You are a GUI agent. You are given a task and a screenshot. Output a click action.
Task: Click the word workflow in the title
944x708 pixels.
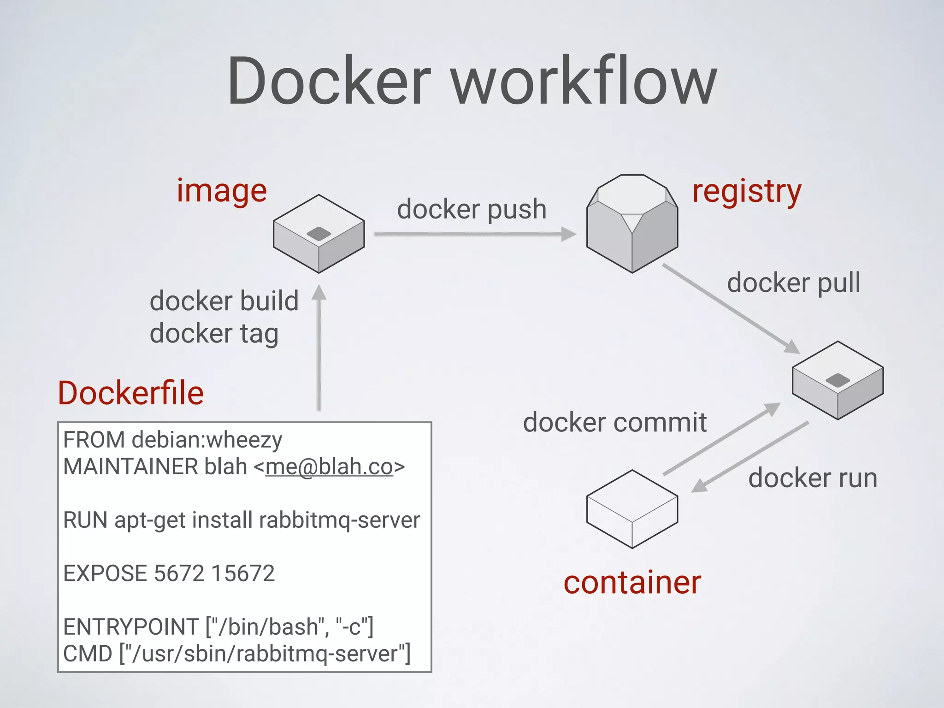[x=584, y=81]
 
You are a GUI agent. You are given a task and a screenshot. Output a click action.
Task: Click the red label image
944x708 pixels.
[x=222, y=191]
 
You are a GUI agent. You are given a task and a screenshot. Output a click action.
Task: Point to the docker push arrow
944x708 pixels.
[x=475, y=234]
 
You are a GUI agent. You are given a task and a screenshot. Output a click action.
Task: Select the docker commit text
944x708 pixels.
[x=615, y=422]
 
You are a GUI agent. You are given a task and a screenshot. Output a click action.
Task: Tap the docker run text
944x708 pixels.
[x=813, y=478]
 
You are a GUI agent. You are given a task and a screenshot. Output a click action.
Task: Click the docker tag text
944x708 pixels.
[x=214, y=333]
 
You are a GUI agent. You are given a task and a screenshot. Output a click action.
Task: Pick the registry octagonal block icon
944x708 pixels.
[x=632, y=224]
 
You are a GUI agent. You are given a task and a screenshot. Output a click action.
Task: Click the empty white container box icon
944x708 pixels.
[x=632, y=509]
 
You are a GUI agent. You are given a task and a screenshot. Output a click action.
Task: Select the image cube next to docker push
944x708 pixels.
[x=319, y=234]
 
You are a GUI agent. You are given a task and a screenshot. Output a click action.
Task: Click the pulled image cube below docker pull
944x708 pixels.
[x=838, y=380]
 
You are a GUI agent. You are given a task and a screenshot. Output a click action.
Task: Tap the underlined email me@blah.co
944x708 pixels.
[x=329, y=466]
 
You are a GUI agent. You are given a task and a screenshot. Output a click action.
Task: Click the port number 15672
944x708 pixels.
[x=243, y=573]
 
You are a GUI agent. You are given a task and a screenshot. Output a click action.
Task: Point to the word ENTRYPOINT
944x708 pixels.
[x=131, y=627]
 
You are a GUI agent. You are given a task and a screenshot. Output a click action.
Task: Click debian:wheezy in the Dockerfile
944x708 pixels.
[x=207, y=440]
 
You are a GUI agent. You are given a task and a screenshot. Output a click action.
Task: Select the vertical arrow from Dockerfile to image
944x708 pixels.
[x=319, y=350]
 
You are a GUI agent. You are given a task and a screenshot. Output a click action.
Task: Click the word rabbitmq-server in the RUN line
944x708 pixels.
[x=340, y=520]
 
